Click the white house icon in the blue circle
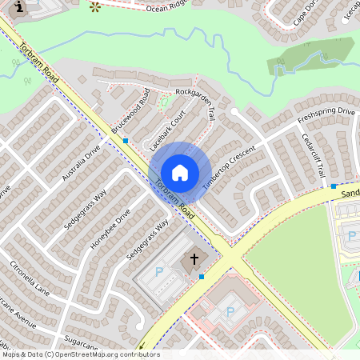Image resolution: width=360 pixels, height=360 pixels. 180,173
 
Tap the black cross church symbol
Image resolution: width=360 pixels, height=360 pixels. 192,261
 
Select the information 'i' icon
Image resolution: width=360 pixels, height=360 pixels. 18,7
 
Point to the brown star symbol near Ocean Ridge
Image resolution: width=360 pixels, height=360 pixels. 96,7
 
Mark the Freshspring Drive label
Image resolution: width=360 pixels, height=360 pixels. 326,115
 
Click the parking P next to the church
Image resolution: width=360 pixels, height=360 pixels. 158,272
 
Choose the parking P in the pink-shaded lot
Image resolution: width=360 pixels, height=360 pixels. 230,311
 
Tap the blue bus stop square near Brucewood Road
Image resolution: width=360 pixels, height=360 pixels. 126,141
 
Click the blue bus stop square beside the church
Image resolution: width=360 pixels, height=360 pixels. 202,277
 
